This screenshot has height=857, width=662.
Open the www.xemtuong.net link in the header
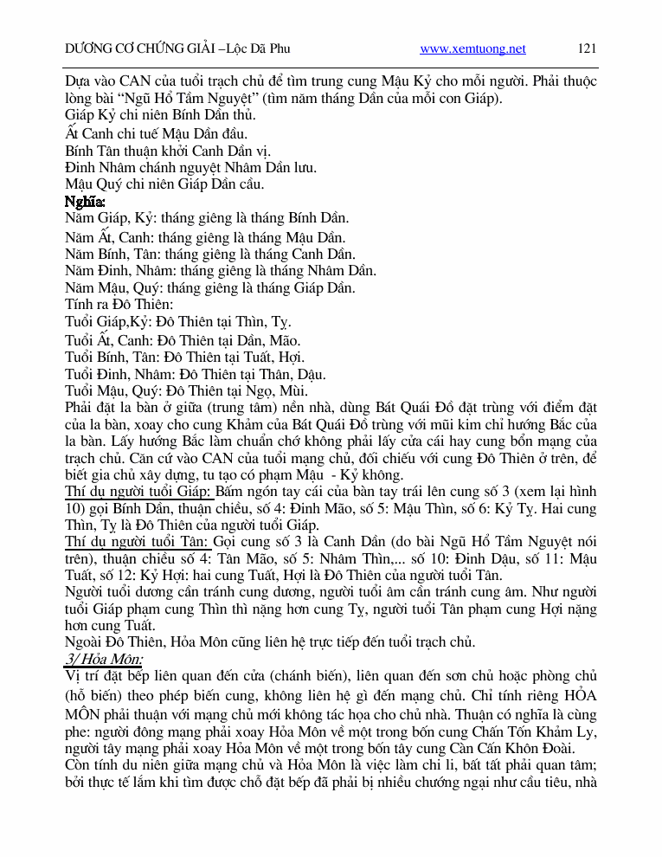point(472,48)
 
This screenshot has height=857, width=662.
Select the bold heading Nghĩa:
point(85,201)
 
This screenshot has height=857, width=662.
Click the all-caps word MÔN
point(85,712)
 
